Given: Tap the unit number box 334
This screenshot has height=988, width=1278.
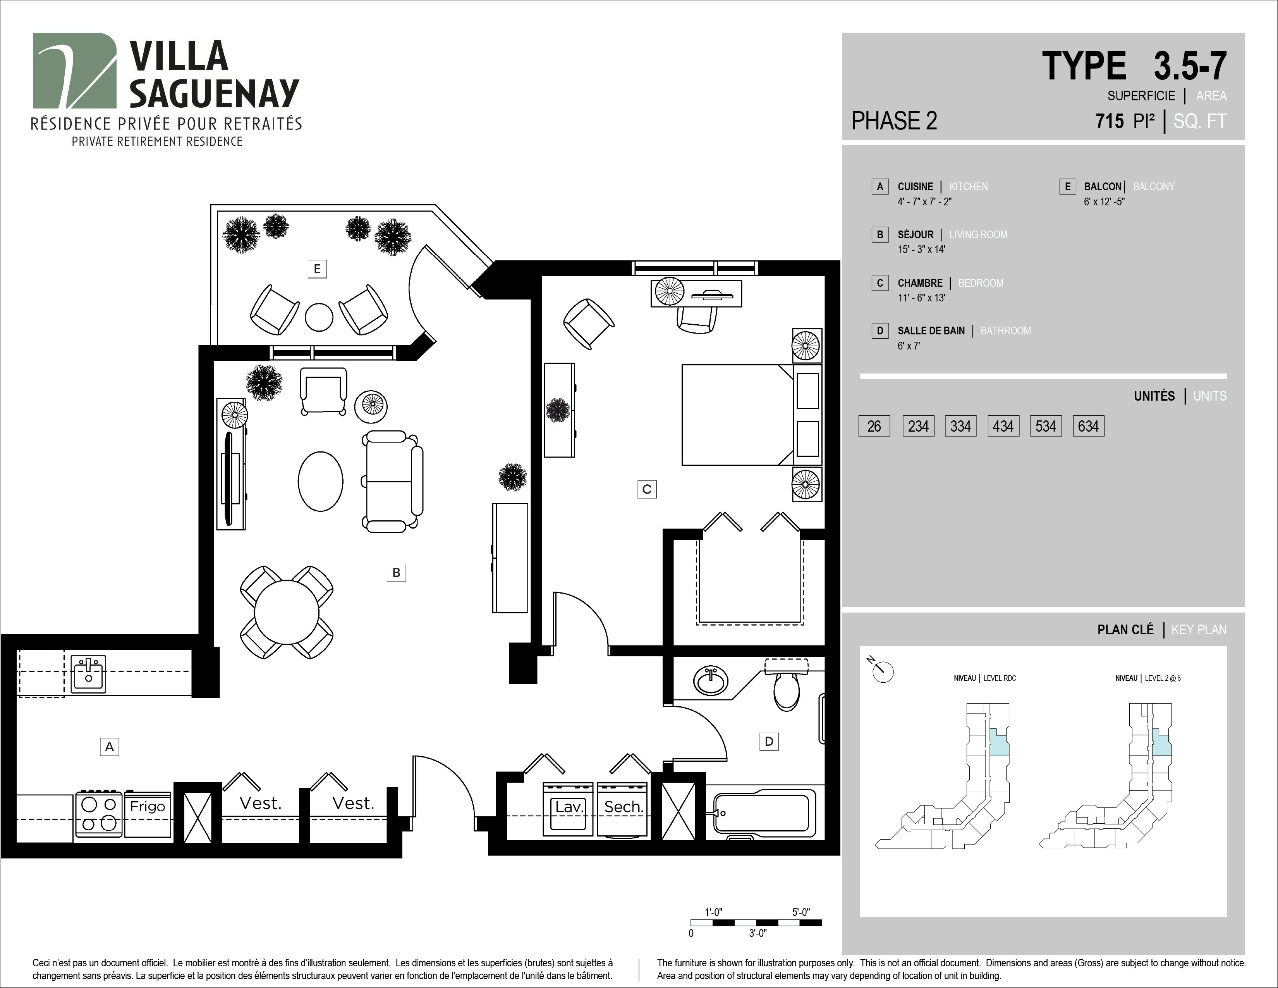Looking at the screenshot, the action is pyautogui.click(x=960, y=426).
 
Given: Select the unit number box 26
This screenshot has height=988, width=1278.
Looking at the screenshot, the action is pyautogui.click(x=874, y=426).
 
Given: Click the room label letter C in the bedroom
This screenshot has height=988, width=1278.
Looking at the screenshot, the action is pyautogui.click(x=647, y=489).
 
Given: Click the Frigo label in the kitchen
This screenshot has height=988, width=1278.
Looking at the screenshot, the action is pyautogui.click(x=148, y=807).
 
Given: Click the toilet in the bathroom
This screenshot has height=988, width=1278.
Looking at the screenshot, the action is pyautogui.click(x=787, y=685).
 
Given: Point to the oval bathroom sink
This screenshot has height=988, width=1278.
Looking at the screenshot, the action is pyautogui.click(x=711, y=681).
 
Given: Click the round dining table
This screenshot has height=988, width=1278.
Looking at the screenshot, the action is pyautogui.click(x=287, y=612).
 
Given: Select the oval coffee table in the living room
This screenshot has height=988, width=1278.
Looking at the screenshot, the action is pyautogui.click(x=321, y=481).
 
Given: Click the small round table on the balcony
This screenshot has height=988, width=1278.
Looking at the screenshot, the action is pyautogui.click(x=319, y=317).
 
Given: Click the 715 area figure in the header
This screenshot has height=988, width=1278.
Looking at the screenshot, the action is pyautogui.click(x=1110, y=121).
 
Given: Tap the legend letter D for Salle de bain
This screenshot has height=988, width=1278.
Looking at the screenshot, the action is pyautogui.click(x=879, y=331).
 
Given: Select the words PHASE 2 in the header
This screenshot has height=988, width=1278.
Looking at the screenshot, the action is pyautogui.click(x=894, y=120).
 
